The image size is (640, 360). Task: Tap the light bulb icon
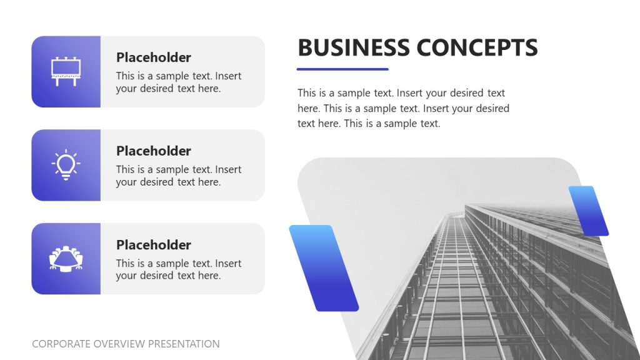coord(66,165)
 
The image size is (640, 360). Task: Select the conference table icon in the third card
coord(66,258)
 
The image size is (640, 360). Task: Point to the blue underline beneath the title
coord(342,69)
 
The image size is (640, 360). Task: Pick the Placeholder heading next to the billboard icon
coord(153,57)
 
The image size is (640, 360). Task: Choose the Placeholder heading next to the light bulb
coord(153,151)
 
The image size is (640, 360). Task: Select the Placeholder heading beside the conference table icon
coord(153,245)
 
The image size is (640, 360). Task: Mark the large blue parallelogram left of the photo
coord(324,268)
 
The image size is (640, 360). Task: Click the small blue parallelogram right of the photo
coord(588,211)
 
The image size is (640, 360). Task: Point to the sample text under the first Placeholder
coord(178,82)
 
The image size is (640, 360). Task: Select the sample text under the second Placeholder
coord(178,176)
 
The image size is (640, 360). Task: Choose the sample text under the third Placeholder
coord(178,269)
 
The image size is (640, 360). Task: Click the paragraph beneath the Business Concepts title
coord(403,108)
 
